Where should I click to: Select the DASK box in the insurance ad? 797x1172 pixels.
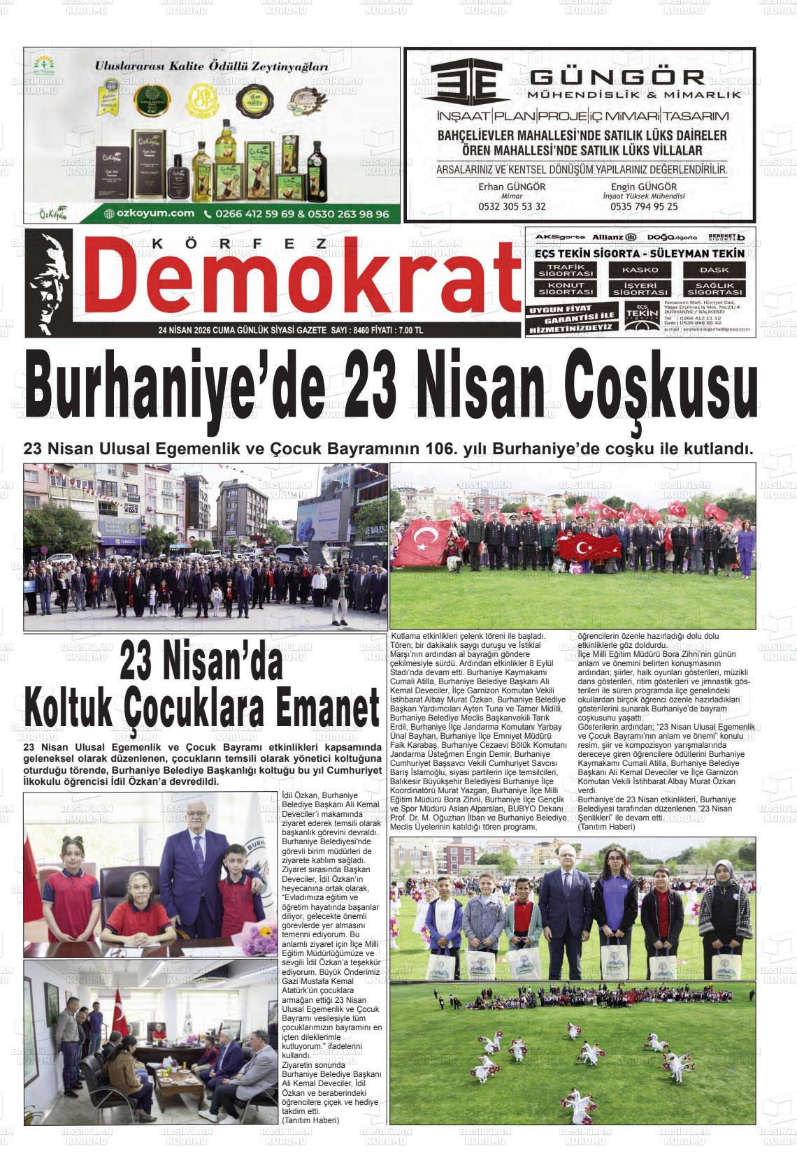tap(714, 270)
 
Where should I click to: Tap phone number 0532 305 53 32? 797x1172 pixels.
tap(512, 207)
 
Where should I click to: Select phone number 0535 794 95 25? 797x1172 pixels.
tap(643, 207)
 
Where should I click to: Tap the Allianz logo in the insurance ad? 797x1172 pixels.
tap(613, 238)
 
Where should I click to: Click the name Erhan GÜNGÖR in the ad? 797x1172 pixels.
tap(512, 187)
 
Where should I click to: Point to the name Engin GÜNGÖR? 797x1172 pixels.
tap(643, 187)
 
